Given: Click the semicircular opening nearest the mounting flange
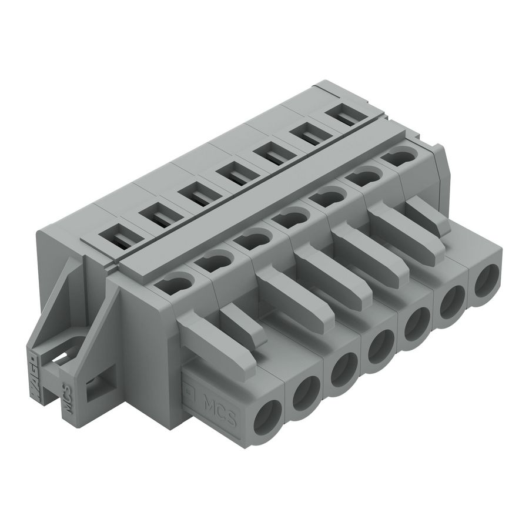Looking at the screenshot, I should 176,284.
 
